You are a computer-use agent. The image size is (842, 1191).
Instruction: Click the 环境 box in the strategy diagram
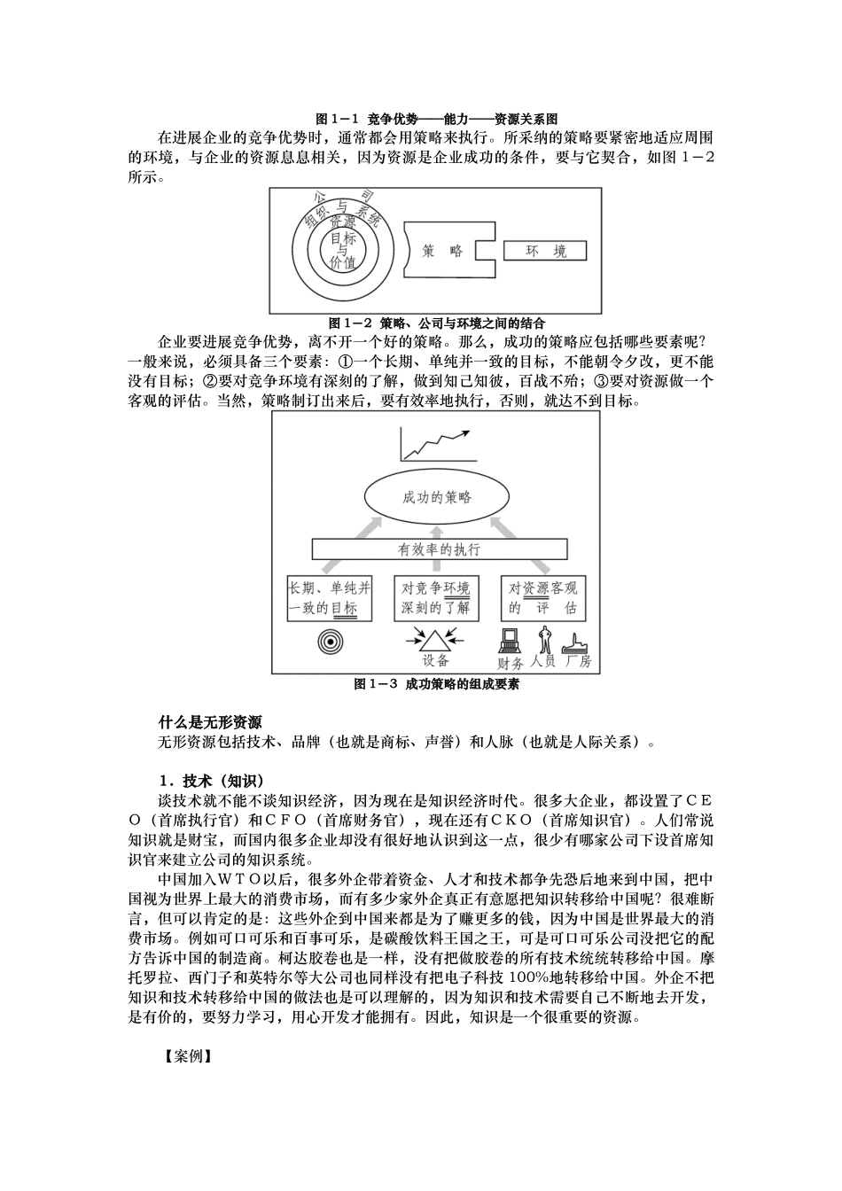tap(545, 251)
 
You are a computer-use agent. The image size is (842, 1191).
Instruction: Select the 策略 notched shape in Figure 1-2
tap(445, 251)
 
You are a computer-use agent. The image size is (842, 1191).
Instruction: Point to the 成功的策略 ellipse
tap(436, 497)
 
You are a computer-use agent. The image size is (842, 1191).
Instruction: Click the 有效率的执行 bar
tap(440, 549)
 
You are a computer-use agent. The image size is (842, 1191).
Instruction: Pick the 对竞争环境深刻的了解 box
tap(435, 598)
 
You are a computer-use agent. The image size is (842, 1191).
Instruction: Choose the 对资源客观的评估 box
tap(543, 598)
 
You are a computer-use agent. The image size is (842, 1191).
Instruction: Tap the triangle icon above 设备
tap(434, 639)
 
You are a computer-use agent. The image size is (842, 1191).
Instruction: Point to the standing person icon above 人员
tap(544, 639)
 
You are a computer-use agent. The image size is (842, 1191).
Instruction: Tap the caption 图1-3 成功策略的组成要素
tap(436, 684)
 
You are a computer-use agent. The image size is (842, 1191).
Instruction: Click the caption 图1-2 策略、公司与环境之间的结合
tap(436, 323)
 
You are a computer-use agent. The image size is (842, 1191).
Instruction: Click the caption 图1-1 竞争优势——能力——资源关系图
tap(436, 119)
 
